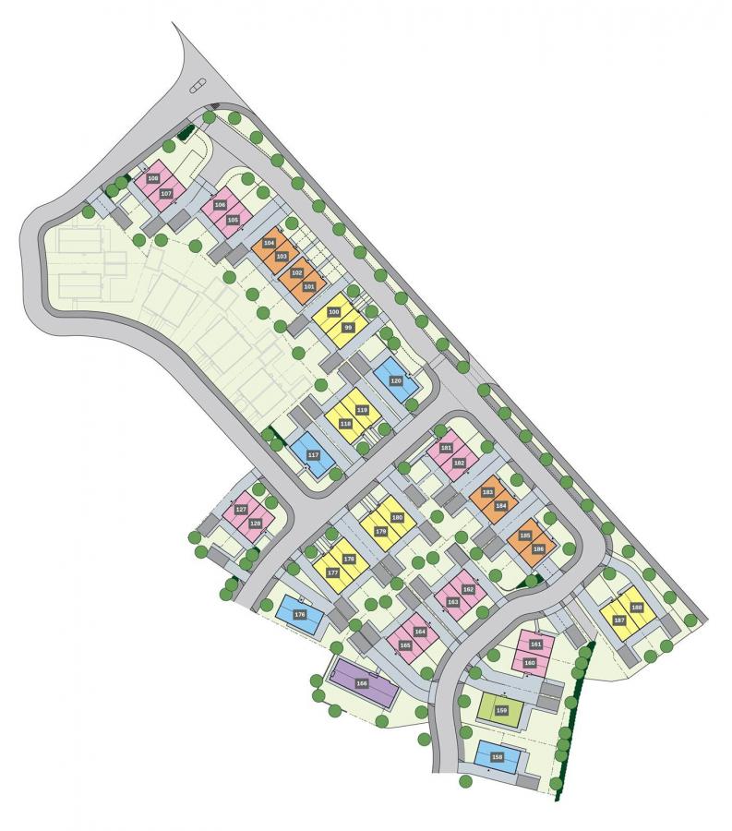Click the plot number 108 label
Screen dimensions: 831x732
click(x=153, y=178)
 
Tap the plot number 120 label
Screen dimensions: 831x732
click(x=396, y=380)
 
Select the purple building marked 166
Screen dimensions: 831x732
click(x=362, y=683)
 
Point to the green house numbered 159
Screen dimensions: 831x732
click(x=501, y=710)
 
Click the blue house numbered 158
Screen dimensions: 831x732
click(x=498, y=757)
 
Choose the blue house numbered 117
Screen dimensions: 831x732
click(x=313, y=455)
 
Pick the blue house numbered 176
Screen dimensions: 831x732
click(x=299, y=614)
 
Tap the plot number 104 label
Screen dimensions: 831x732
click(x=270, y=243)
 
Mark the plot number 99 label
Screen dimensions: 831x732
click(x=348, y=327)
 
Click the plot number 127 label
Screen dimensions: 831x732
click(x=241, y=510)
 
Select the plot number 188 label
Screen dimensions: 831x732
click(x=636, y=607)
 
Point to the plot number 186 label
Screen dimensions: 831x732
click(x=538, y=548)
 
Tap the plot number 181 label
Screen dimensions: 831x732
click(x=446, y=449)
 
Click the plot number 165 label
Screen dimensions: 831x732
click(x=404, y=645)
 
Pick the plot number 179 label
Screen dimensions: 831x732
click(x=380, y=531)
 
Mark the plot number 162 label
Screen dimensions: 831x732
click(x=468, y=589)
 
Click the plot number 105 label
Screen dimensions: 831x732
click(x=233, y=219)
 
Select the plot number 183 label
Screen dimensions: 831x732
click(x=487, y=492)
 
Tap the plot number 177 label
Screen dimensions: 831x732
click(x=332, y=572)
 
